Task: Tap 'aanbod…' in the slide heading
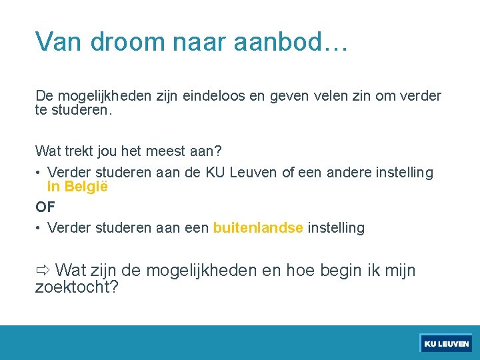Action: coord(291,41)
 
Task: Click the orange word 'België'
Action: coord(87,187)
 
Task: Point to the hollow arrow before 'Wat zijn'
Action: coord(43,271)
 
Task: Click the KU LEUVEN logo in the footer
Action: coord(446,343)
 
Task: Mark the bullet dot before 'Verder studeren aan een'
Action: coord(39,229)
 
